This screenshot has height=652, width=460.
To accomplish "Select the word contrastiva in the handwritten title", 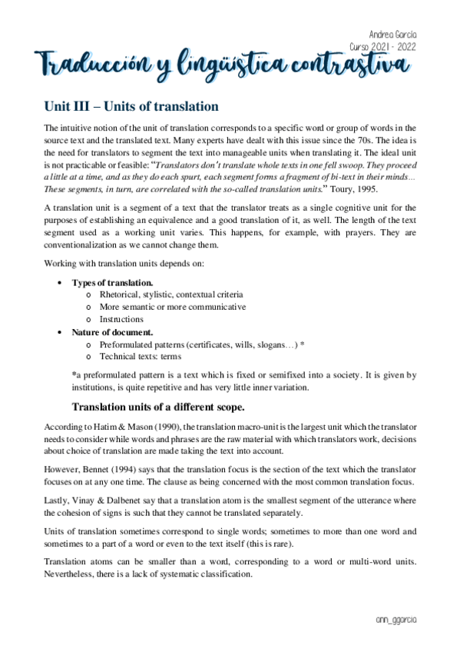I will (x=349, y=65).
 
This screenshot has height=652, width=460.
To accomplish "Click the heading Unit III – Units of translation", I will (x=131, y=106).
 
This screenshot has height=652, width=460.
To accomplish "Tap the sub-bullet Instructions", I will (x=121, y=319).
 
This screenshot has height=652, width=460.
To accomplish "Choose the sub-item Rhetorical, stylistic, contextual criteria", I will (x=171, y=294).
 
